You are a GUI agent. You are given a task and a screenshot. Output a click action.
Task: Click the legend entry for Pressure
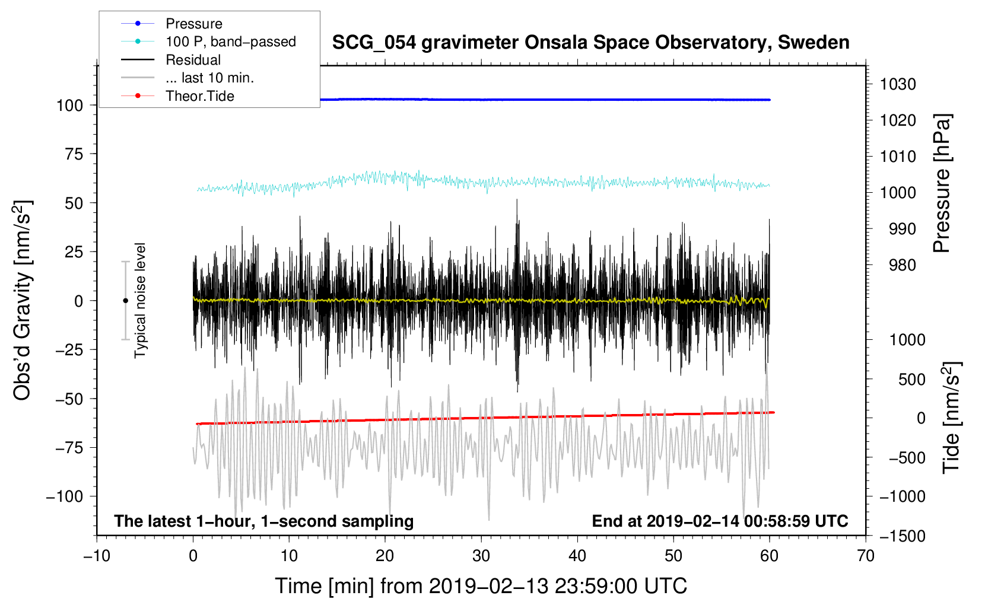pyautogui.click(x=193, y=24)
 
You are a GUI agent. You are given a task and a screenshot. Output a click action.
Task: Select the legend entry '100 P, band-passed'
pyautogui.click(x=230, y=42)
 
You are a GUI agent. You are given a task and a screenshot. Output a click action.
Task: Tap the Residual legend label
pyautogui.click(x=193, y=60)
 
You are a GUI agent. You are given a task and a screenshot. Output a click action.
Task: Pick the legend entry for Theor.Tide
pyautogui.click(x=199, y=96)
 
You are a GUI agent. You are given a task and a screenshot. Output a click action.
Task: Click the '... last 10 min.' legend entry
pyautogui.click(x=209, y=78)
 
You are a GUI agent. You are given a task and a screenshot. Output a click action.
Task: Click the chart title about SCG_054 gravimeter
pyautogui.click(x=590, y=43)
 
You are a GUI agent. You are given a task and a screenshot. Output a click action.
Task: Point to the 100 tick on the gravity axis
pyautogui.click(x=69, y=106)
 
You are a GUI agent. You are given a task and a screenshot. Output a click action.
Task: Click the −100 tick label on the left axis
pyautogui.click(x=65, y=496)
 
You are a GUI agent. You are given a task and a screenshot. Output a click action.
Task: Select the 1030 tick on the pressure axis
pyautogui.click(x=898, y=84)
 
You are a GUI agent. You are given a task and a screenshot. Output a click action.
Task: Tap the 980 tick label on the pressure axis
pyautogui.click(x=902, y=265)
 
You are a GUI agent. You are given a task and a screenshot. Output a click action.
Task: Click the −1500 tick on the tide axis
pyautogui.click(x=902, y=536)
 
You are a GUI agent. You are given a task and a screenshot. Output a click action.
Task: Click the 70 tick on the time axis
pyautogui.click(x=866, y=556)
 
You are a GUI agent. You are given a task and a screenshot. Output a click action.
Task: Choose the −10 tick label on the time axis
pyautogui.click(x=97, y=556)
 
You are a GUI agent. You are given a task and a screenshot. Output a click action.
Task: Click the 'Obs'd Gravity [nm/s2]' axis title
pyautogui.click(x=23, y=300)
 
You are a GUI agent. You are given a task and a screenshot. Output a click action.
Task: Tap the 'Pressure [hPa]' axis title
pyautogui.click(x=942, y=183)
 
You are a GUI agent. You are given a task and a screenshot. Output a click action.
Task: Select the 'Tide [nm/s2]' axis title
pyautogui.click(x=951, y=418)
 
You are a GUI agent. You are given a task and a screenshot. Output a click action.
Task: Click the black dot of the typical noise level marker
pyautogui.click(x=125, y=301)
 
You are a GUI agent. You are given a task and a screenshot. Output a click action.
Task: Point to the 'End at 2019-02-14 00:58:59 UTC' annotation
pyautogui.click(x=720, y=521)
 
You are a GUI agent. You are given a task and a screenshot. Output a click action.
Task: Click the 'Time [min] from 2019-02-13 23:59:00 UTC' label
pyautogui.click(x=481, y=586)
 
